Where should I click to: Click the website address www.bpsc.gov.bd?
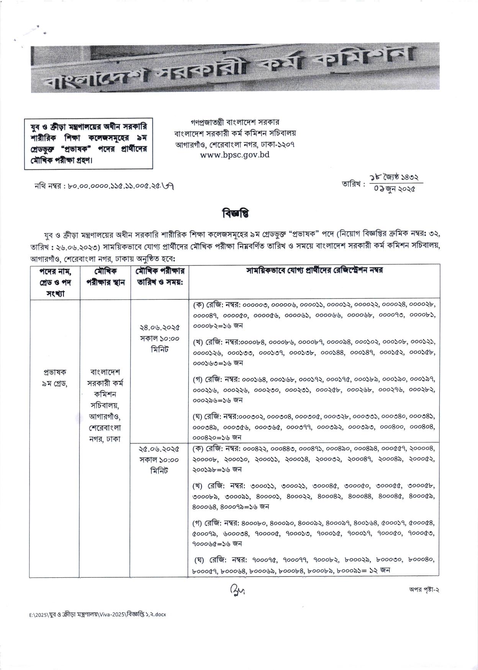(235, 155)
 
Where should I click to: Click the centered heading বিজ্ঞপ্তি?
(235, 213)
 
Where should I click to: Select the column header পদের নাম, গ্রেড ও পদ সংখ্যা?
(55, 282)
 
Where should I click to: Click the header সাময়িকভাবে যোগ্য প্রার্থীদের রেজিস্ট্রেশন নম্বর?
(314, 270)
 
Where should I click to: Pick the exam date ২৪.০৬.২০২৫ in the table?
(159, 328)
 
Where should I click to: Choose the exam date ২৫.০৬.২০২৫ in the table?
(159, 448)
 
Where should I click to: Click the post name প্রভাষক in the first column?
(55, 372)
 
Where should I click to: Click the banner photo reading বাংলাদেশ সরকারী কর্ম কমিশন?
(235, 69)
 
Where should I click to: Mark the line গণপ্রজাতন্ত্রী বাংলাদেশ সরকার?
(235, 123)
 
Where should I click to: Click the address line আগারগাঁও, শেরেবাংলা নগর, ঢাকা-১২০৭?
(235, 144)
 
